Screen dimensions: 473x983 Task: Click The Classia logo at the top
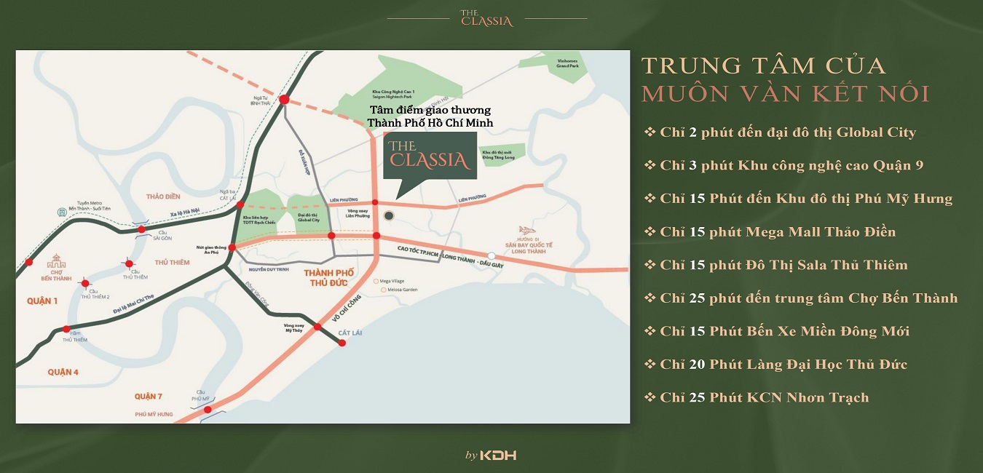click(x=486, y=17)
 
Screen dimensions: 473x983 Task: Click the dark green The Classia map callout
click(x=430, y=155)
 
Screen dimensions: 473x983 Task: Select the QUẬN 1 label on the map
click(x=43, y=301)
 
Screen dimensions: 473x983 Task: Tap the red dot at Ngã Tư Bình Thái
click(x=284, y=100)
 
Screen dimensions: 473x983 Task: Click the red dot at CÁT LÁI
click(x=342, y=343)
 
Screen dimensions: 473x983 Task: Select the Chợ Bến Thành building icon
click(x=56, y=261)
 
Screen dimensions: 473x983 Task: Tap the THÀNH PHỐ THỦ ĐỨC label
click(x=328, y=277)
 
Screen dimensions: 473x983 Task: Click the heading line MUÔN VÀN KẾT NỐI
click(x=785, y=94)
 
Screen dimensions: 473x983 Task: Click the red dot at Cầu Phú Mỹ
click(x=208, y=410)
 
